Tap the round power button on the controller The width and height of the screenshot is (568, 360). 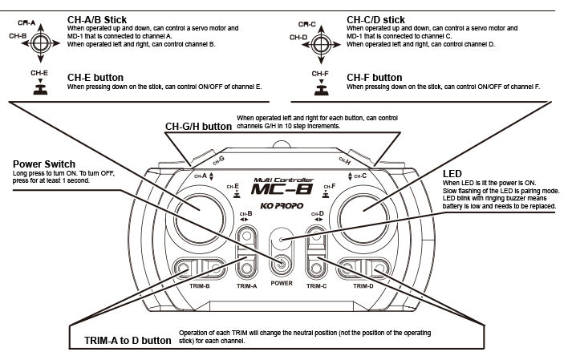[281, 264]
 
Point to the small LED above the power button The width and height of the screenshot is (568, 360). [281, 238]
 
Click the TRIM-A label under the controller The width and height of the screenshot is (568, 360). [247, 285]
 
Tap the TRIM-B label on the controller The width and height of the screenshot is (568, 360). [200, 285]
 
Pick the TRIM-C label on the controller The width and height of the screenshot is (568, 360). [316, 285]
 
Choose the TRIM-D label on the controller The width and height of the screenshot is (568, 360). [363, 285]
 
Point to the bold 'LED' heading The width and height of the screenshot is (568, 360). [452, 173]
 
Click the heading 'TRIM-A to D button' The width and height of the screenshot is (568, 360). [127, 340]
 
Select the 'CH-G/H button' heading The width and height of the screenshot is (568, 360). [197, 126]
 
